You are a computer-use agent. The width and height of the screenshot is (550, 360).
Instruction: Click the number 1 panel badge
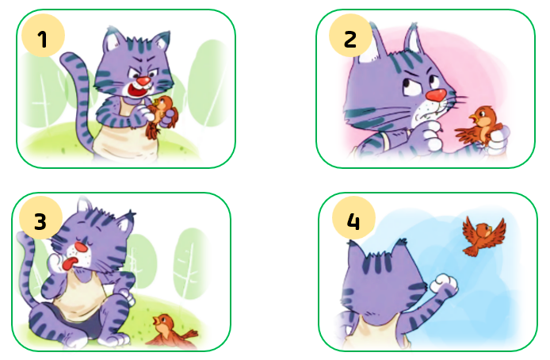point(43,36)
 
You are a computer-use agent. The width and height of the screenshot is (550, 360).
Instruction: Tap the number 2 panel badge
point(350,36)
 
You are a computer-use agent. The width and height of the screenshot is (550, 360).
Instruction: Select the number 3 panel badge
point(40,218)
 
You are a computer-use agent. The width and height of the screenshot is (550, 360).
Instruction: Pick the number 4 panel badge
point(353,218)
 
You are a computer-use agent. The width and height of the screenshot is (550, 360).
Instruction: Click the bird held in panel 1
point(162,117)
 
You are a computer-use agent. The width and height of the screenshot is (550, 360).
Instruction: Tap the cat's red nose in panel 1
point(143,82)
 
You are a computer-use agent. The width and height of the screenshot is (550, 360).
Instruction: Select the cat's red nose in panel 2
point(436,94)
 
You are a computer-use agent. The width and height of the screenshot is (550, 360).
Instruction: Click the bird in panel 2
point(480,125)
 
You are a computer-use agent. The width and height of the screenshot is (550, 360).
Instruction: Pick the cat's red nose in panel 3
point(82,247)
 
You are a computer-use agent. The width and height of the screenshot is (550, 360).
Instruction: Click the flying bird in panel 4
point(483,236)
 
